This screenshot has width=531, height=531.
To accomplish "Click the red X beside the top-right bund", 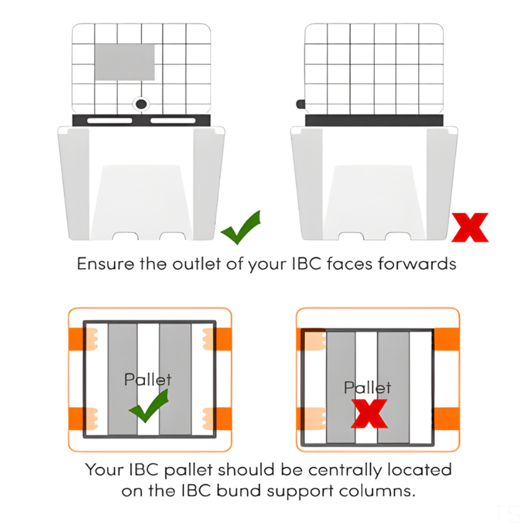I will pyautogui.click(x=469, y=227).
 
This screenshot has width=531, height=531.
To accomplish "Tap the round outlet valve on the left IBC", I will pyautogui.click(x=141, y=104).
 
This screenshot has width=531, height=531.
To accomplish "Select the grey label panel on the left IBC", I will pyautogui.click(x=125, y=62).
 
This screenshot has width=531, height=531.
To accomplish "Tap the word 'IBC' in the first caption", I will pyautogui.click(x=315, y=264).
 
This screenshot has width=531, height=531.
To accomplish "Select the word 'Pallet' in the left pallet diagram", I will pyautogui.click(x=148, y=379).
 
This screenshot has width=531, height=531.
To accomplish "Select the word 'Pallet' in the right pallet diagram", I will pyautogui.click(x=367, y=387).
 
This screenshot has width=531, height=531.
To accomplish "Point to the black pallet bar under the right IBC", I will pyautogui.click(x=374, y=121).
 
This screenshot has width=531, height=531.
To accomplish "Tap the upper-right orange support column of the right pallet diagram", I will pyautogui.click(x=446, y=339).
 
